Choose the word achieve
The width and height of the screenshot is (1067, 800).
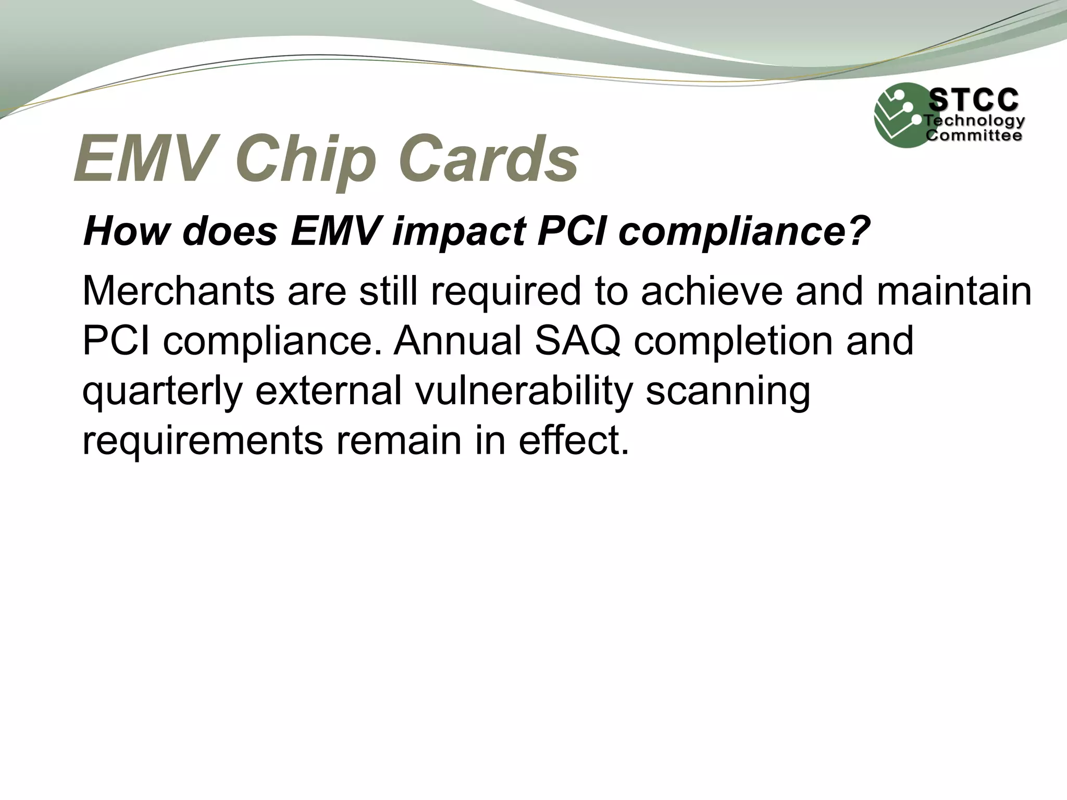tap(712, 291)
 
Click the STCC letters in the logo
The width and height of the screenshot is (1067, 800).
tap(973, 100)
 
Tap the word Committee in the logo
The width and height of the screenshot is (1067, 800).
tap(973, 136)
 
